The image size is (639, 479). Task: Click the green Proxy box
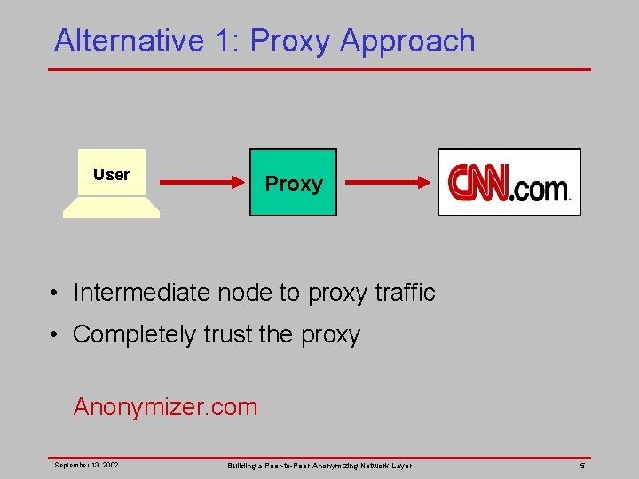coord(293,183)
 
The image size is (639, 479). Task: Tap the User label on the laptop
coord(111,175)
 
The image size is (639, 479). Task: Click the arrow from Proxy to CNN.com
coord(387,183)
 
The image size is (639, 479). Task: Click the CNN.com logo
coord(509,183)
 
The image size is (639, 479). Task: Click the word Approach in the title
coord(407,41)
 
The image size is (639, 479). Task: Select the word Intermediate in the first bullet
coord(143,292)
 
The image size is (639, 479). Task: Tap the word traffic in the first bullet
coord(404,292)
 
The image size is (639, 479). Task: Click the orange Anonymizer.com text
coord(165,407)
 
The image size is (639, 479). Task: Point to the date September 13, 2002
coord(87,465)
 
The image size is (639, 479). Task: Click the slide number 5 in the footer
coord(582,465)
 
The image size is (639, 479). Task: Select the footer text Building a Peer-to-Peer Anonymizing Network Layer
coord(319,465)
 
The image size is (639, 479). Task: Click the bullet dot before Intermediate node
coord(55,293)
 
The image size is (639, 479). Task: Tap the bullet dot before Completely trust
coord(55,335)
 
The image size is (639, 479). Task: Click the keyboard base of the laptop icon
coord(111,208)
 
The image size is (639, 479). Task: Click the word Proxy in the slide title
coord(291,41)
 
